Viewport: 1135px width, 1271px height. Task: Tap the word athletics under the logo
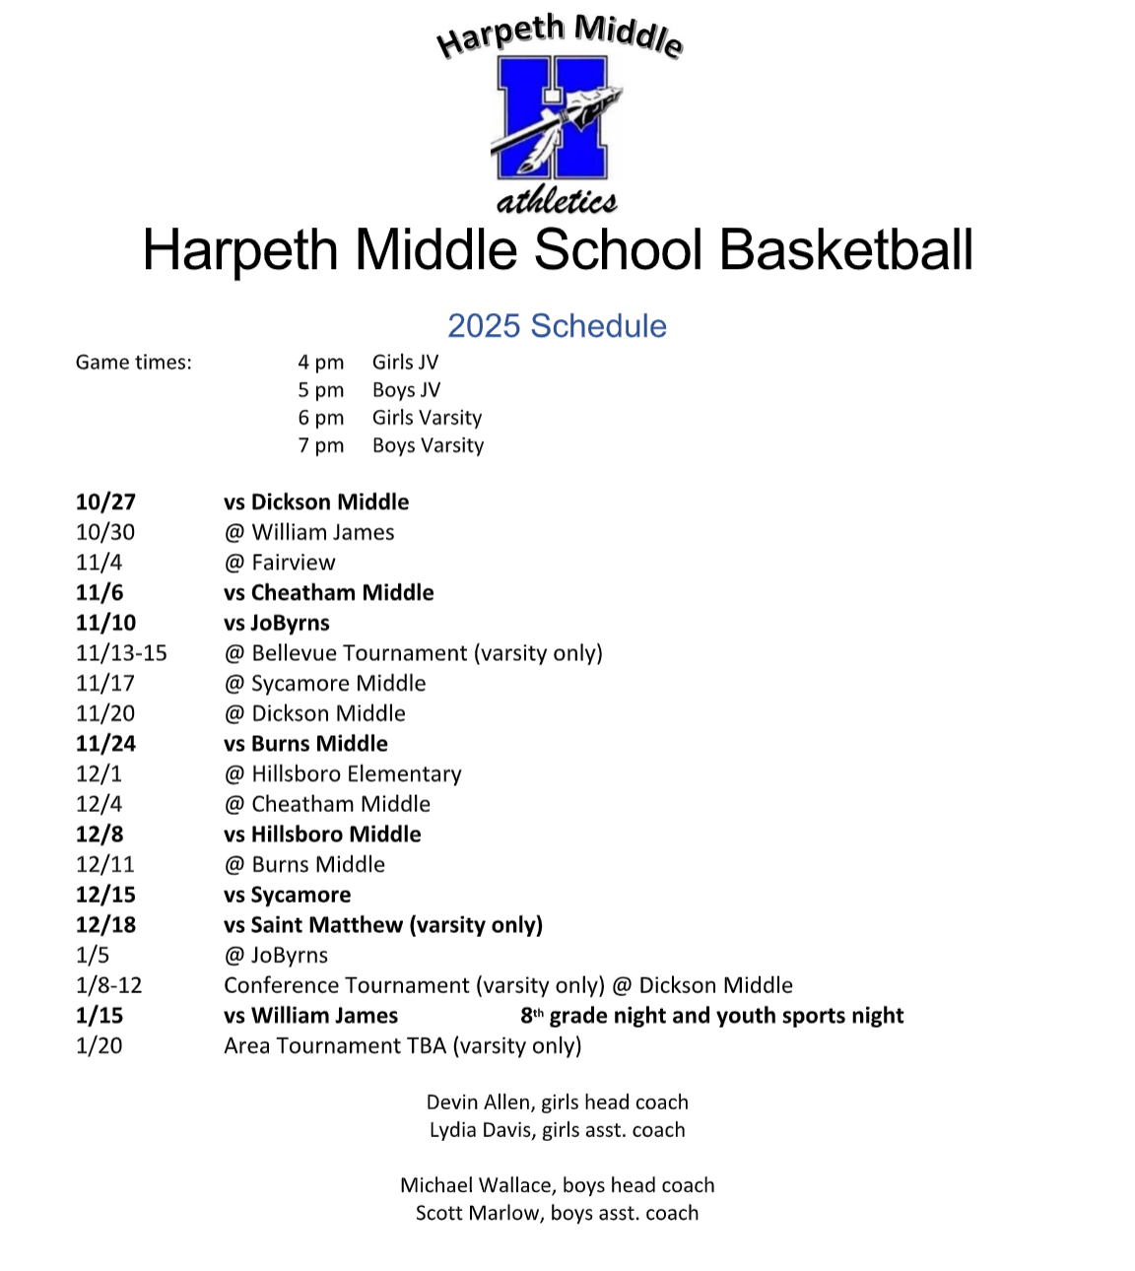(557, 201)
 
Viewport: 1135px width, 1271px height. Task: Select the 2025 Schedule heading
(557, 326)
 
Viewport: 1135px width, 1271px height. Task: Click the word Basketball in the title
(846, 250)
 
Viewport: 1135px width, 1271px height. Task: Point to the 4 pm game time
(321, 363)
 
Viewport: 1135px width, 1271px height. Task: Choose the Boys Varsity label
(428, 445)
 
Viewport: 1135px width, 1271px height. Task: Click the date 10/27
(105, 502)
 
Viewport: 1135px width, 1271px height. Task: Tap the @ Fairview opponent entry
(280, 563)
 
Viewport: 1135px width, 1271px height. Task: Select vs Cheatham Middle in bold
(328, 592)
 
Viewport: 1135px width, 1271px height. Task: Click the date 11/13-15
(121, 653)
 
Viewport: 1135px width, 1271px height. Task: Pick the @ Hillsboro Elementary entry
(343, 774)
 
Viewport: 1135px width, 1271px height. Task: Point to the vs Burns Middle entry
(305, 744)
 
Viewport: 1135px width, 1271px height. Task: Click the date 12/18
(105, 925)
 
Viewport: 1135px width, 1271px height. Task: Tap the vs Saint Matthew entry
(382, 925)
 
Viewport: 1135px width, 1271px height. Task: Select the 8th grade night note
(711, 1016)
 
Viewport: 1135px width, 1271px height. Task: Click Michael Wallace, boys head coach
(557, 1185)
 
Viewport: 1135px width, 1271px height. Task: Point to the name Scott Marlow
(477, 1213)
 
